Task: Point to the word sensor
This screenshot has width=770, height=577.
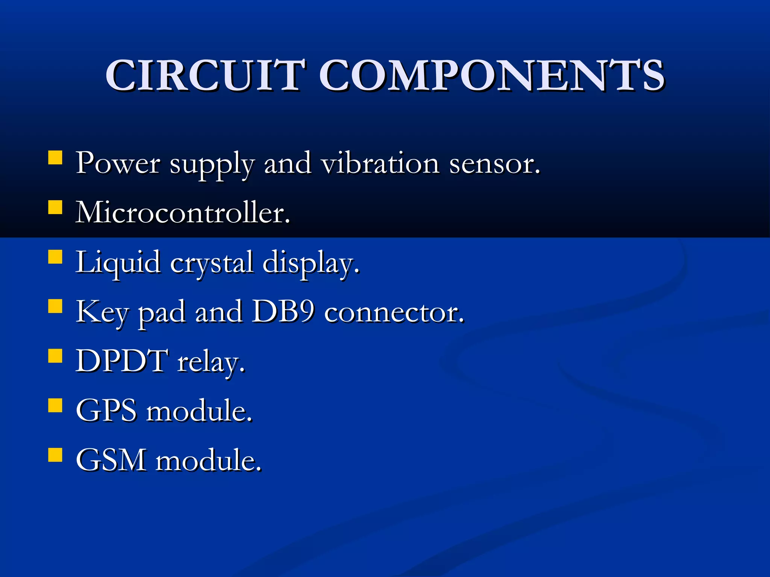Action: click(494, 164)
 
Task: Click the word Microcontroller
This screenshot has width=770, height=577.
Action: click(183, 213)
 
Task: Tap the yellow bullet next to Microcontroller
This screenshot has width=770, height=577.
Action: click(55, 207)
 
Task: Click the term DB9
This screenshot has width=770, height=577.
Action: click(282, 312)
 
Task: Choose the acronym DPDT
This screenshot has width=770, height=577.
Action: click(122, 361)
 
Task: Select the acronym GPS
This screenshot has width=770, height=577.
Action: click(106, 411)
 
